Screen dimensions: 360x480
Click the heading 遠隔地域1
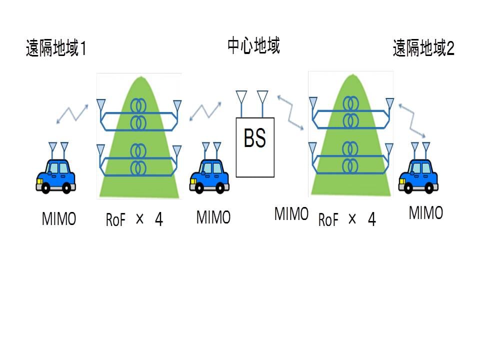click(x=56, y=49)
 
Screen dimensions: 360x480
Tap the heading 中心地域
click(x=253, y=45)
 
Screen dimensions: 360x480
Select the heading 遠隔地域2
click(x=423, y=49)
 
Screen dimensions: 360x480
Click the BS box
click(x=255, y=147)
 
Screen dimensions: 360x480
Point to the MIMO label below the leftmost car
click(x=59, y=219)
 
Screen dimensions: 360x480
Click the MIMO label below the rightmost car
click(x=426, y=212)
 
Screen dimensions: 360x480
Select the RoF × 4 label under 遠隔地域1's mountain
click(x=134, y=219)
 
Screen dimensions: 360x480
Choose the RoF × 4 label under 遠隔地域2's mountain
click(x=347, y=219)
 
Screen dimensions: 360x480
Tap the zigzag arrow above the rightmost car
click(x=412, y=120)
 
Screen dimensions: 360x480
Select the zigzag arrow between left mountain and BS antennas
click(x=205, y=113)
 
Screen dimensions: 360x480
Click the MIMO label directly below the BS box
click(x=291, y=214)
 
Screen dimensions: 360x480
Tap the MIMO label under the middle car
click(x=213, y=217)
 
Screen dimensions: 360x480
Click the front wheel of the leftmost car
click(x=45, y=188)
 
